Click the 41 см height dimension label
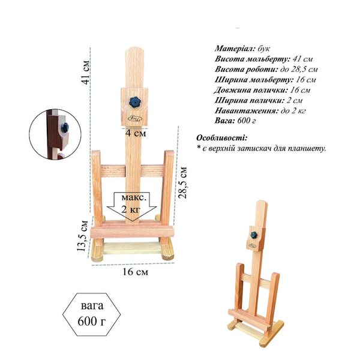[86, 73]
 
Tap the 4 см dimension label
[136, 133]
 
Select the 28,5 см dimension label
[183, 183]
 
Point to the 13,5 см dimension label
[82, 235]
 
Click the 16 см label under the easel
[135, 272]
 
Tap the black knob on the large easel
[134, 102]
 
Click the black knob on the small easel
[254, 235]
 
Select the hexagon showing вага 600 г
[92, 314]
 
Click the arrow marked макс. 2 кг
[132, 206]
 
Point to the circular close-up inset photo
[55, 134]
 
